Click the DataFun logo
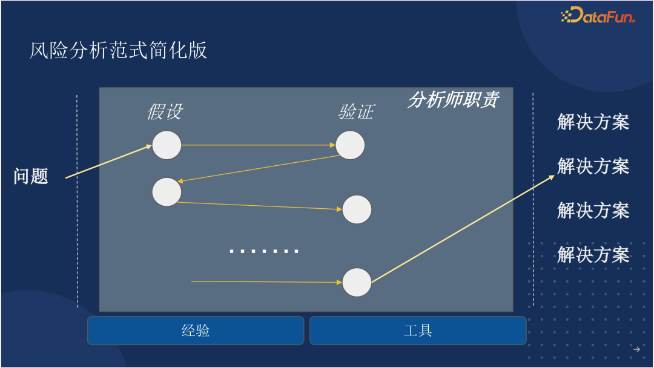pyautogui.click(x=598, y=16)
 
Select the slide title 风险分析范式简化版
pyautogui.click(x=119, y=50)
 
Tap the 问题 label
pyautogui.click(x=31, y=176)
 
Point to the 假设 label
pyautogui.click(x=164, y=112)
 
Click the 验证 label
pyautogui.click(x=355, y=112)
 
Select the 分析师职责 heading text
pyautogui.click(x=453, y=100)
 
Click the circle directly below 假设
pyautogui.click(x=167, y=145)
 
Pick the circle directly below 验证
pyautogui.click(x=350, y=145)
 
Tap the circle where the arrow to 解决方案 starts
pyautogui.click(x=357, y=283)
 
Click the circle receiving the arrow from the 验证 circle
pyautogui.click(x=167, y=192)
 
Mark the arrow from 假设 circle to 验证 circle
pyautogui.click(x=258, y=145)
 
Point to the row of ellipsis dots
pyautogui.click(x=264, y=251)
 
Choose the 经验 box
pyautogui.click(x=196, y=330)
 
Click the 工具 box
pyautogui.click(x=418, y=330)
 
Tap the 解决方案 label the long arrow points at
pyautogui.click(x=593, y=166)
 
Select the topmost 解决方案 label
pyautogui.click(x=593, y=122)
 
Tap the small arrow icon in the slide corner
pyautogui.click(x=636, y=349)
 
